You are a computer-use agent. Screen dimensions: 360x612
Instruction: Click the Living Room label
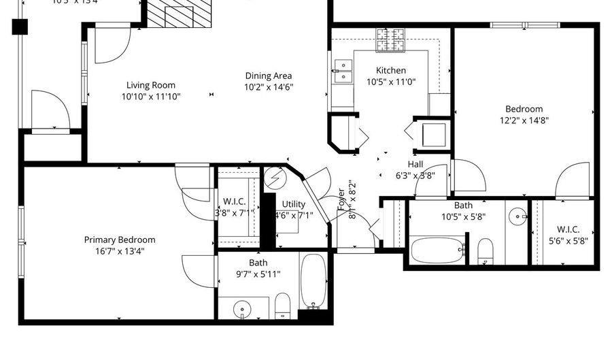pyautogui.click(x=150, y=85)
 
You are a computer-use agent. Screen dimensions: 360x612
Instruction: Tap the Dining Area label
pyautogui.click(x=269, y=76)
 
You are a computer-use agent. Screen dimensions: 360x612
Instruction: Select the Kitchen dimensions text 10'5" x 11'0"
pyautogui.click(x=391, y=82)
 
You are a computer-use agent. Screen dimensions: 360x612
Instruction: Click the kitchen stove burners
pyautogui.click(x=391, y=39)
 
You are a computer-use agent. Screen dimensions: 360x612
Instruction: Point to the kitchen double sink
pyautogui.click(x=343, y=70)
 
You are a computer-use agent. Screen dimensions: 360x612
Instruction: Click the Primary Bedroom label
pyautogui.click(x=120, y=240)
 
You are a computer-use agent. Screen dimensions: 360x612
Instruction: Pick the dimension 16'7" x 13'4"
pyautogui.click(x=120, y=250)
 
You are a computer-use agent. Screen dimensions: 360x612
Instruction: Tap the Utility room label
pyautogui.click(x=294, y=204)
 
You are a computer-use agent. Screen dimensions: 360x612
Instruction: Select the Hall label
pyautogui.click(x=415, y=164)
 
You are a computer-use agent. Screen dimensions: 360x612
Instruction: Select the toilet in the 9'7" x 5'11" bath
pyautogui.click(x=282, y=306)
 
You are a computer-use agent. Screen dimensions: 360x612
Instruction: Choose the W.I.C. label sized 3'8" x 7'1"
pyautogui.click(x=234, y=201)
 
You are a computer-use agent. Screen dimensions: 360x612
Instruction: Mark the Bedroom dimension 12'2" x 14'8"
pyautogui.click(x=524, y=120)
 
